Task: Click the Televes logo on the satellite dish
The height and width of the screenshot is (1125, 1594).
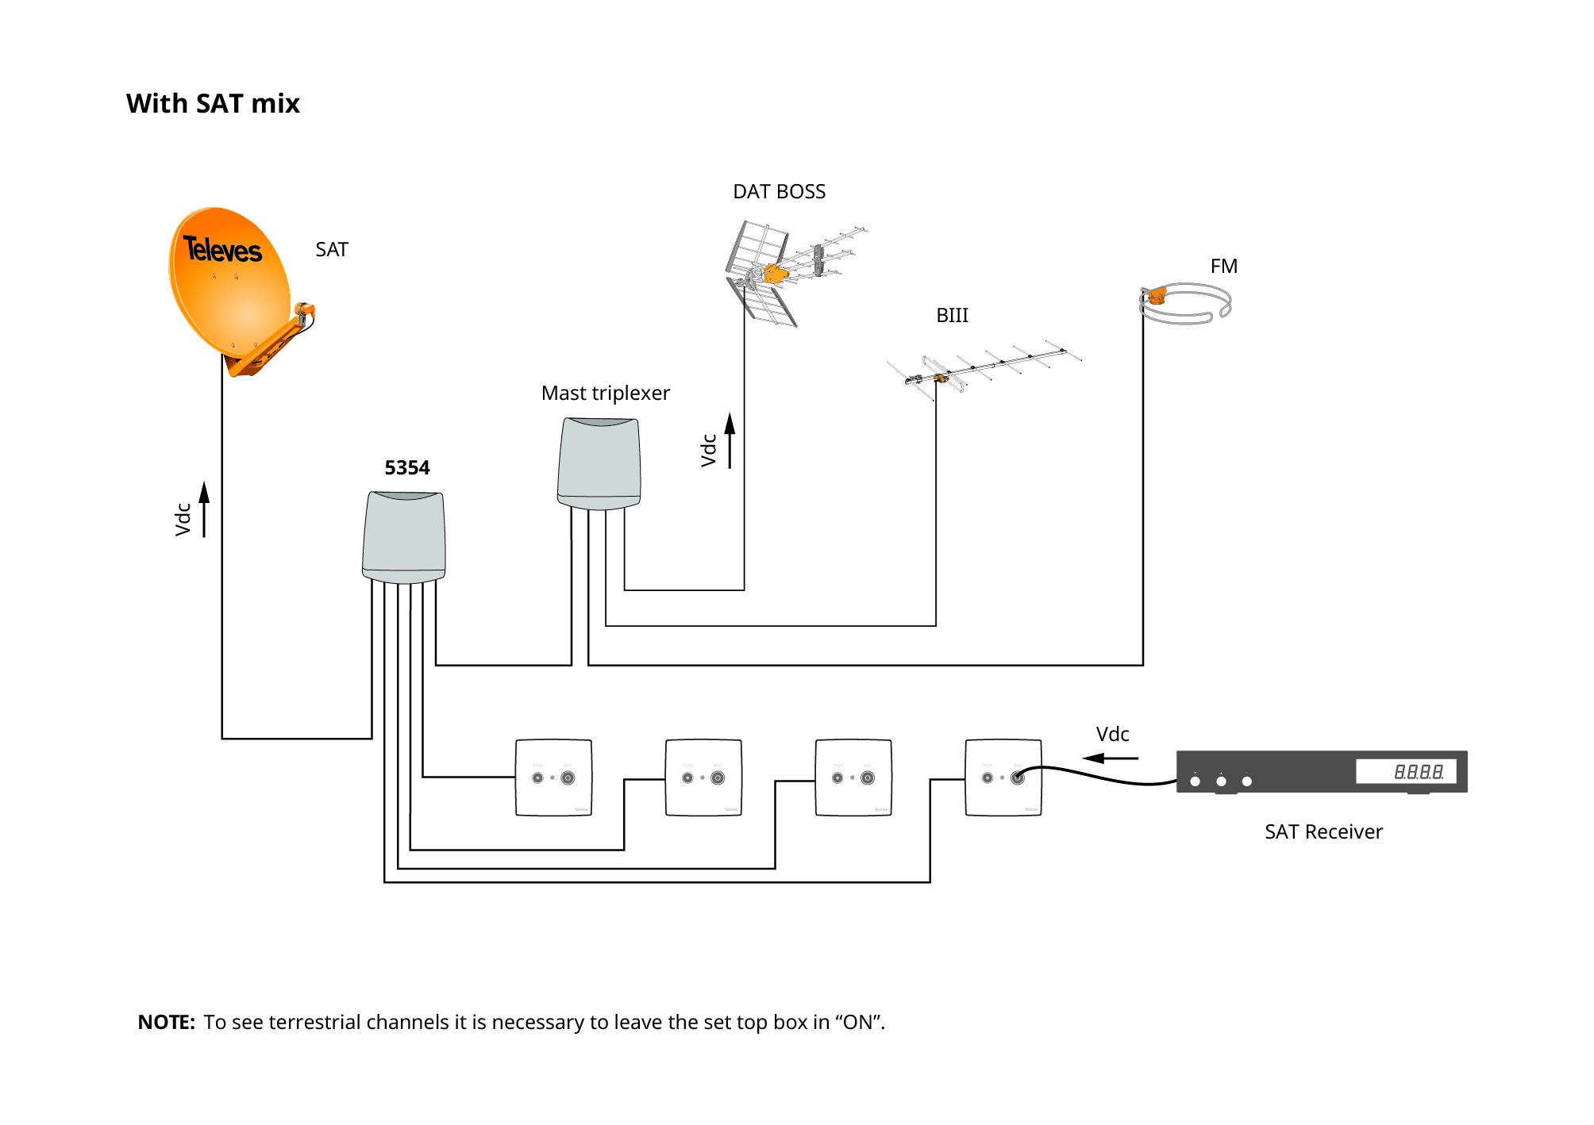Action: [x=222, y=250]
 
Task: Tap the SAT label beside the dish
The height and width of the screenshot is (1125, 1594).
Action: [x=332, y=250]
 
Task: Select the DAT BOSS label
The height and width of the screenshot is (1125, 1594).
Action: [x=779, y=192]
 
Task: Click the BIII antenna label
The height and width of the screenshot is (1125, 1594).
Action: [x=952, y=316]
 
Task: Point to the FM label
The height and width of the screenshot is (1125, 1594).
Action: [x=1223, y=267]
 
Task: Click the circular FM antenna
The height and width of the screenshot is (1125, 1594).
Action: [x=1186, y=305]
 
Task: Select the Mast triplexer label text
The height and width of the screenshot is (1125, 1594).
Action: [x=605, y=394]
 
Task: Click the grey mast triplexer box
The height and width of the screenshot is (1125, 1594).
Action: [x=599, y=464]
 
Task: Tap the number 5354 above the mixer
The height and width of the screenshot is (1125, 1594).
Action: [x=407, y=468]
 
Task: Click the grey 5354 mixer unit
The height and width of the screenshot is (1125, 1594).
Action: [x=404, y=537]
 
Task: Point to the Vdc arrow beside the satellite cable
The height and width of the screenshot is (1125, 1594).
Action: [x=203, y=510]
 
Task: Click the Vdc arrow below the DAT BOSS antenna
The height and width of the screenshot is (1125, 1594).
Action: [x=730, y=440]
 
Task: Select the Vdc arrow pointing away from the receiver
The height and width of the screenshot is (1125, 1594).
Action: [x=1111, y=758]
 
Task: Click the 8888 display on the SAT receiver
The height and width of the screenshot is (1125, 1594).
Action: [x=1418, y=771]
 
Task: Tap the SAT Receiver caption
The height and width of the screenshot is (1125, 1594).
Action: [x=1323, y=832]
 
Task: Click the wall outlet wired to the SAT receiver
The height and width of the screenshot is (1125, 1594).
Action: [x=1003, y=778]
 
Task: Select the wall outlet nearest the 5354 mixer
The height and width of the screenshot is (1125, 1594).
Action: [x=553, y=778]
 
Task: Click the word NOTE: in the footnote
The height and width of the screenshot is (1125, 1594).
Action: [x=166, y=1023]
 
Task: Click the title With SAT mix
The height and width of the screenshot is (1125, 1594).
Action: [x=213, y=104]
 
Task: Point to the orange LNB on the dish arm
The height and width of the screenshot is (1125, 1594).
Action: [x=304, y=310]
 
